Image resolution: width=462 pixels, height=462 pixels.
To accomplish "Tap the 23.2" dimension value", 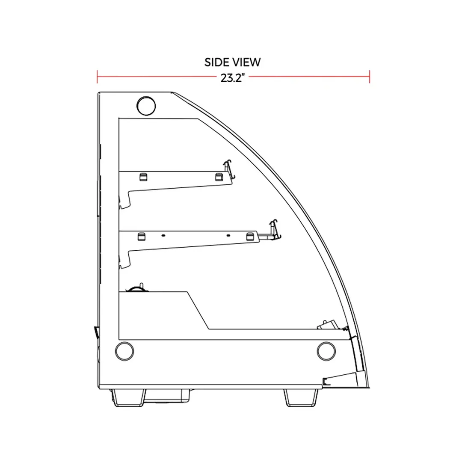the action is point(233,78).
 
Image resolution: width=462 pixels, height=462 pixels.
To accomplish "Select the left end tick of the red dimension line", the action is point(97,77).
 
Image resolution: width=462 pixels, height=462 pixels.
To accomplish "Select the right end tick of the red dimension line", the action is point(370,77).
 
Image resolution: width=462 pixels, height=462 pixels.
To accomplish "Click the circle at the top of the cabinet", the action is point(146,106).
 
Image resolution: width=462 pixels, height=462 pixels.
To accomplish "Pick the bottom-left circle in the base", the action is point(124,351).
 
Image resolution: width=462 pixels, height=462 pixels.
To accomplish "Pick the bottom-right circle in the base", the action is point(326,351).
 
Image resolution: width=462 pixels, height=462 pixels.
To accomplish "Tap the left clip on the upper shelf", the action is point(143,177).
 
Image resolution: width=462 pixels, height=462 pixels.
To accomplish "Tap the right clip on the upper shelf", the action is point(219,177).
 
